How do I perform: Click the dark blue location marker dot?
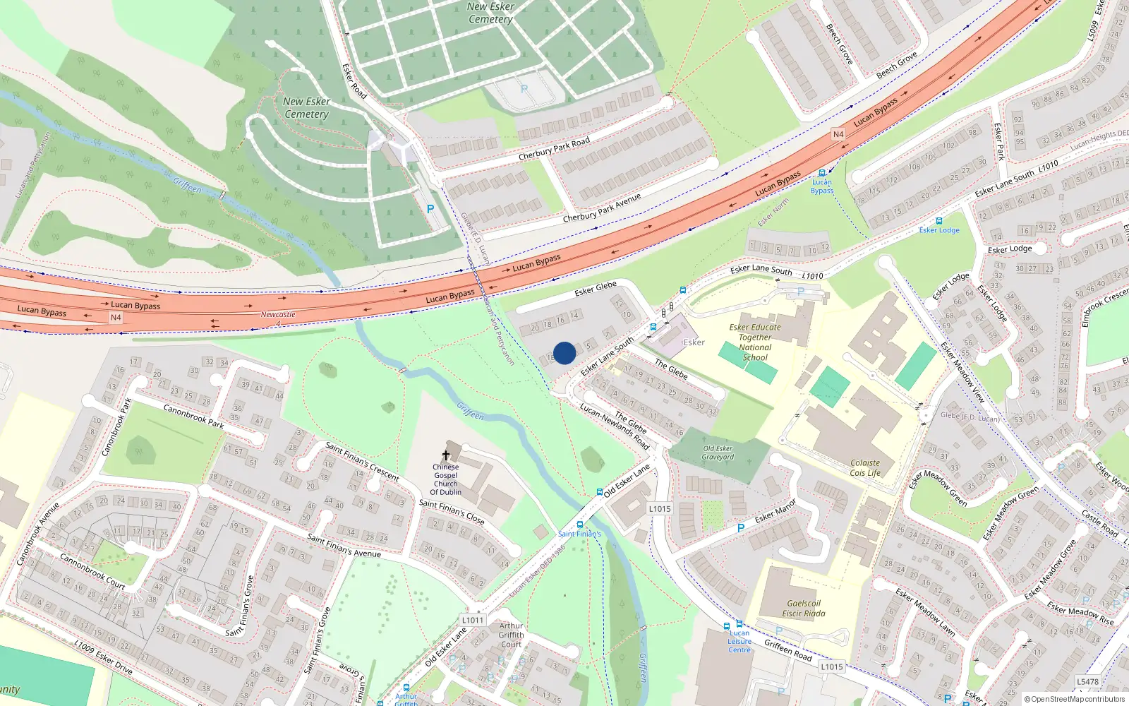564,353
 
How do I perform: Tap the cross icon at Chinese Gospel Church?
446,455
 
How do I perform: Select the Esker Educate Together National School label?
755,342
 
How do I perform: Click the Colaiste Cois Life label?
865,468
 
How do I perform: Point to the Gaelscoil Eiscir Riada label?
804,609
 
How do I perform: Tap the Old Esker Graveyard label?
718,453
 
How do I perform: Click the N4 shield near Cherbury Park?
838,134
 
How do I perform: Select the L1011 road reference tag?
473,621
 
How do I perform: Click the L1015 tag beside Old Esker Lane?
660,508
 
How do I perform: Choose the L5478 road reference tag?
1088,681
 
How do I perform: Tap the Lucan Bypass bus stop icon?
821,173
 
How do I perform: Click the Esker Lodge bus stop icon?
938,221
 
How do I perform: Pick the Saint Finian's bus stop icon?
580,525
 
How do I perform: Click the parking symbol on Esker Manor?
740,528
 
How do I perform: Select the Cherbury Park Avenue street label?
602,208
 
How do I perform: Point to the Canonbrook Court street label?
92,571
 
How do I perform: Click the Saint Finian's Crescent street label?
362,462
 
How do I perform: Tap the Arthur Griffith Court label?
511,635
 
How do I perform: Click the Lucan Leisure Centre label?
739,641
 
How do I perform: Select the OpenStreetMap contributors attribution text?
1075,699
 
